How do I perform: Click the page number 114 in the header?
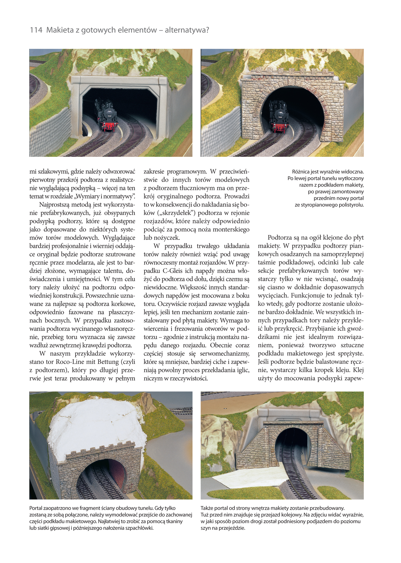click(36, 30)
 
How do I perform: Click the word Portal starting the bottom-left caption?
click(36, 508)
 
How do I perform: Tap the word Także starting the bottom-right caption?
click(207, 508)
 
